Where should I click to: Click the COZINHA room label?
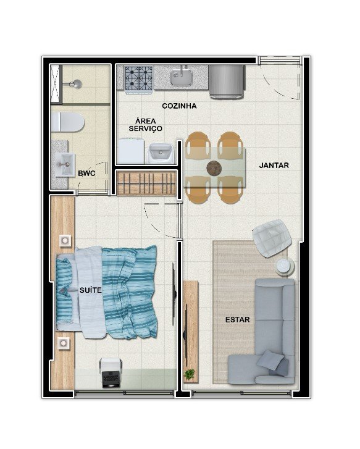[x=179, y=106]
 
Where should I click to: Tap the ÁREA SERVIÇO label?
[x=146, y=125]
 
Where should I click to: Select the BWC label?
[x=86, y=174]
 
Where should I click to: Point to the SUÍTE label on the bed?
[x=91, y=290]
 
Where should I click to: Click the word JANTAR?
[x=274, y=166]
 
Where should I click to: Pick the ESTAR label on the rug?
[x=237, y=319]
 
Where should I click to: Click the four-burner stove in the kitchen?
[x=139, y=79]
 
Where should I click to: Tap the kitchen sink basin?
[x=182, y=76]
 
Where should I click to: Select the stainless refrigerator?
[x=227, y=82]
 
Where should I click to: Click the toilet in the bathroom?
[x=67, y=122]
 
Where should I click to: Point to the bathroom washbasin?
[x=65, y=165]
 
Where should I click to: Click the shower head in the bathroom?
[x=77, y=84]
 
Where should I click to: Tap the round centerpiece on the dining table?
[x=214, y=168]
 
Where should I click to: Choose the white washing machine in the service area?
[x=131, y=151]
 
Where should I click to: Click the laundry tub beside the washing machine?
[x=161, y=153]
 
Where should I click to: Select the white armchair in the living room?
[x=272, y=238]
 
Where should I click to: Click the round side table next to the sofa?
[x=285, y=266]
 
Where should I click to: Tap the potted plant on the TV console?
[x=189, y=374]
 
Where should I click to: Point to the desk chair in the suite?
[x=111, y=372]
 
